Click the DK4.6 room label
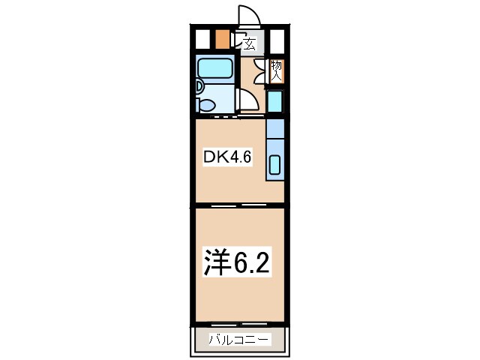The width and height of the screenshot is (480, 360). (223, 158)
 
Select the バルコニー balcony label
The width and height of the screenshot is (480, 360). (238, 340)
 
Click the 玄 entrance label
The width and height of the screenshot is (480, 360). (249, 43)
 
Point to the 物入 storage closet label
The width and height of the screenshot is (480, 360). (276, 70)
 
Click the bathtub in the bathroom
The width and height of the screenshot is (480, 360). (215, 69)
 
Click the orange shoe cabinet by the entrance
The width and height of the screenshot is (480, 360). (222, 38)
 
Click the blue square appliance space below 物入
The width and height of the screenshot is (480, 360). (275, 101)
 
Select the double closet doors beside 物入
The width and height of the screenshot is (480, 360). (261, 70)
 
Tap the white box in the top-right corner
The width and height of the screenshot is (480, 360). (277, 38)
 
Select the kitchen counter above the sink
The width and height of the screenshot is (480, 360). (275, 129)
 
